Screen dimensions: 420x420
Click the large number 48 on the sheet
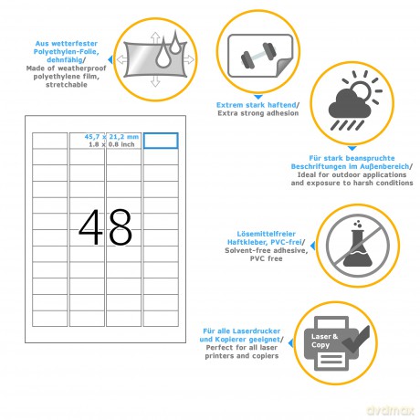pos(105,227)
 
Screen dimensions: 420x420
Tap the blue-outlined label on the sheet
pos(161,141)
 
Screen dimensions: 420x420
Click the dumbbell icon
pos(258,56)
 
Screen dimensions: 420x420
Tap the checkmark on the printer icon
pos(356,340)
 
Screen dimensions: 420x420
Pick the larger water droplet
pos(163,53)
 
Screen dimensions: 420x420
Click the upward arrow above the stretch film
pos(155,38)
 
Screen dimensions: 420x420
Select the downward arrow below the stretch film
pos(155,81)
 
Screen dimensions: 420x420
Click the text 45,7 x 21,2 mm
pos(111,137)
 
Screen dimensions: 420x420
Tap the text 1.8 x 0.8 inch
pos(111,144)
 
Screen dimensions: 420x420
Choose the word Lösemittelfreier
pos(267,234)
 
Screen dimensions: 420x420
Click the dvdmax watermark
pos(391,410)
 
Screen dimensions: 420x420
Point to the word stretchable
pos(67,85)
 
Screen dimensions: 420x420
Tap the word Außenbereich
pos(384,166)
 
